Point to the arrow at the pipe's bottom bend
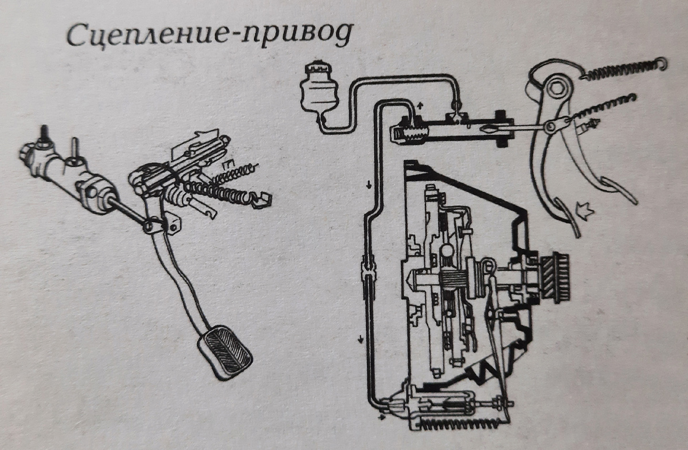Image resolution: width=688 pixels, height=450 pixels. tap(381, 417)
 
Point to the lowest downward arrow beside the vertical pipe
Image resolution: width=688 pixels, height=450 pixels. tap(360, 339)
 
